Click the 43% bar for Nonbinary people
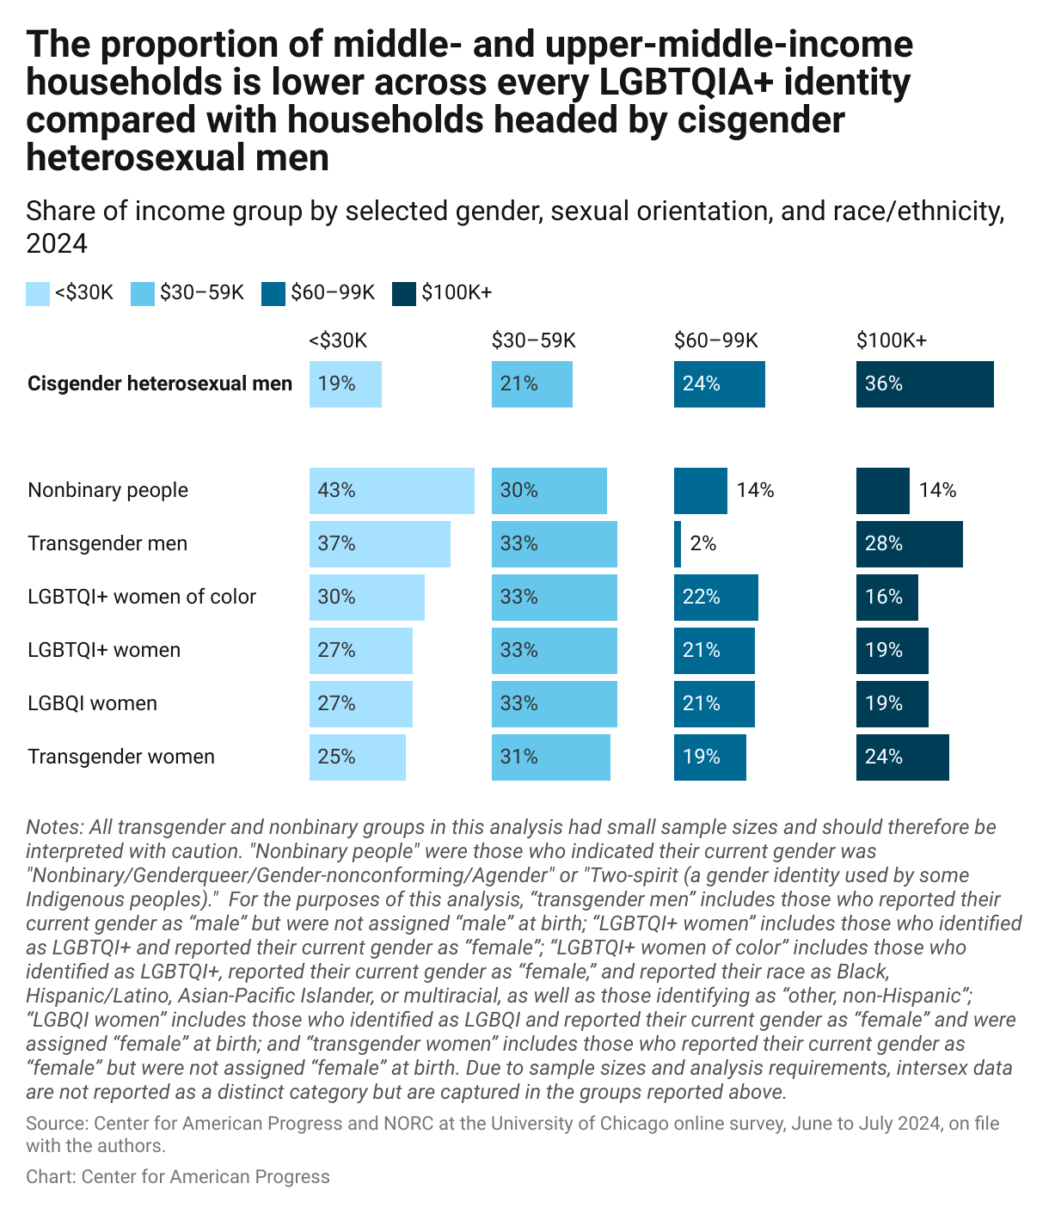click(x=391, y=491)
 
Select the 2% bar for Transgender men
click(x=678, y=544)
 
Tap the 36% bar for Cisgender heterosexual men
click(x=924, y=384)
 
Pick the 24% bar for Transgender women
click(x=902, y=757)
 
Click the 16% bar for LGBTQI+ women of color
click(x=886, y=598)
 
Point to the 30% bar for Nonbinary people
click(x=549, y=491)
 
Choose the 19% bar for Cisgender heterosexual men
click(x=345, y=384)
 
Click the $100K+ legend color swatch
click(x=404, y=293)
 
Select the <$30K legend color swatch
click(x=38, y=293)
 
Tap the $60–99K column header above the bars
click(x=715, y=340)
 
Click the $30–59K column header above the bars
click(x=533, y=340)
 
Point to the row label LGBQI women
click(x=92, y=703)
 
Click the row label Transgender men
click(x=107, y=543)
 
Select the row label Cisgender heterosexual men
click(x=160, y=383)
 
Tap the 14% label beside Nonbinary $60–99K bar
click(x=755, y=491)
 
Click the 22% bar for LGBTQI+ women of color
click(x=715, y=598)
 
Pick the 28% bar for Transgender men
click(x=909, y=544)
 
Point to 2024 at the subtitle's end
click(x=57, y=244)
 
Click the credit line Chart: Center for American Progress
click(x=178, y=1177)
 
